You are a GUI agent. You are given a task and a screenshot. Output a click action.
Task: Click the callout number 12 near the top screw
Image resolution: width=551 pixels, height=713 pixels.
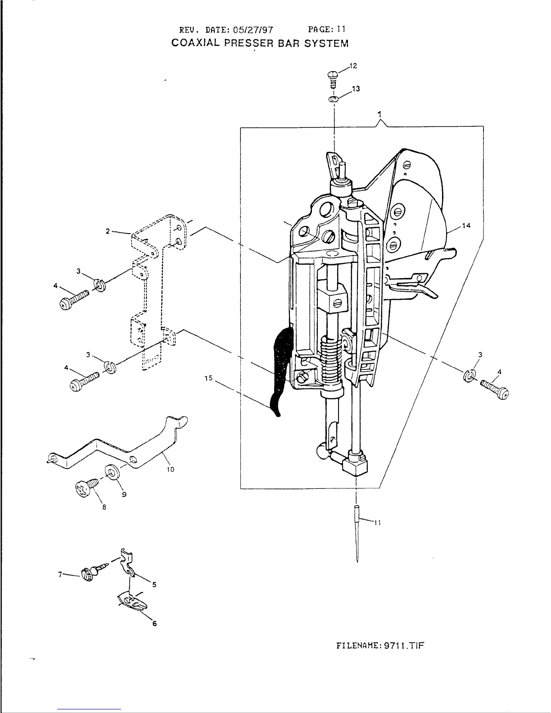[353, 66]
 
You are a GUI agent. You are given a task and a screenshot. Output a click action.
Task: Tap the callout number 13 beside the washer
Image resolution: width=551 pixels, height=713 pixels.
[356, 89]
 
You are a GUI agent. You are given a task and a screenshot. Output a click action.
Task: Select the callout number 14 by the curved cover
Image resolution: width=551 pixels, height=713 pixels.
[466, 226]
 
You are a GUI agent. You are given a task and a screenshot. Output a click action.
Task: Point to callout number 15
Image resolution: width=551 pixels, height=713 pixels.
[208, 379]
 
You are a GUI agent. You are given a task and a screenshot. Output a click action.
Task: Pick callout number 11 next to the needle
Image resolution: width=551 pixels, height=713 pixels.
[378, 523]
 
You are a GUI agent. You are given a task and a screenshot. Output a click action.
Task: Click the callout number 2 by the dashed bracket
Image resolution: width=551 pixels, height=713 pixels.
[108, 231]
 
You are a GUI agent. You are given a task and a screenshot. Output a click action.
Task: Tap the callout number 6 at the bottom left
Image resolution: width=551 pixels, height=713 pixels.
[154, 623]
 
